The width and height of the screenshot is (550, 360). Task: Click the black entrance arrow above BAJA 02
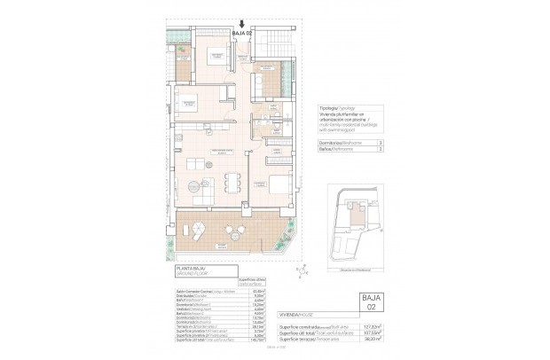click(242, 24)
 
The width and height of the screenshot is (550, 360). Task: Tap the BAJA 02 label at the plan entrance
click(242, 34)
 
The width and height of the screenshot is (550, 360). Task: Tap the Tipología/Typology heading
click(336, 114)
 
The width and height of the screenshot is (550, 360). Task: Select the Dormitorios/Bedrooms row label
click(338, 143)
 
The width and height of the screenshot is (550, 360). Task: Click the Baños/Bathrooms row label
click(334, 150)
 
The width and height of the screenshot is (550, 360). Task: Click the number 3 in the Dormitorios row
click(380, 143)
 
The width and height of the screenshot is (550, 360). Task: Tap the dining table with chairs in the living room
click(232, 182)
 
